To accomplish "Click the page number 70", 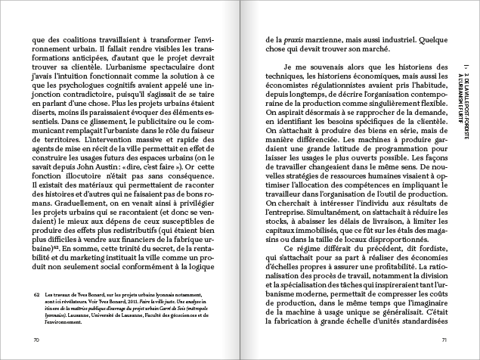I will point(36,340).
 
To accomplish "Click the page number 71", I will point(444,340).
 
